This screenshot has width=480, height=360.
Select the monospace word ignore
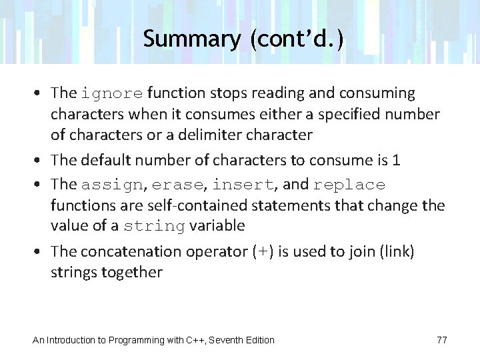point(112,93)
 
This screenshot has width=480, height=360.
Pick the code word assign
point(111,185)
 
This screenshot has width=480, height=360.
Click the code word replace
point(349,185)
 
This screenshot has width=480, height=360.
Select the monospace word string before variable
point(154,227)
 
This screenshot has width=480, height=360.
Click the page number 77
point(442,340)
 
